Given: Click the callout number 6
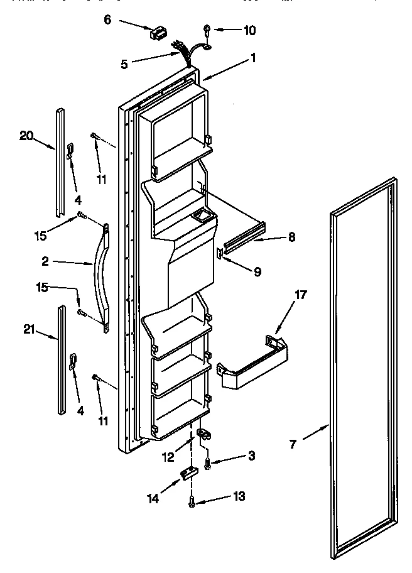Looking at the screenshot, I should (x=107, y=19).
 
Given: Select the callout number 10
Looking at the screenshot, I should (x=250, y=30).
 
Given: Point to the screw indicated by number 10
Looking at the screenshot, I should (x=207, y=29).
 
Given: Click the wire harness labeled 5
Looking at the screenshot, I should (x=183, y=52).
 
